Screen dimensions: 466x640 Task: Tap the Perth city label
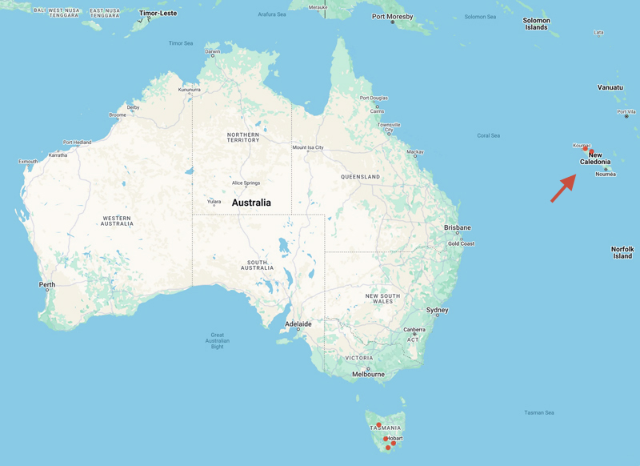tap(47, 284)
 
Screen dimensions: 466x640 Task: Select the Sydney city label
tap(438, 310)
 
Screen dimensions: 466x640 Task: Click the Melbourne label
tap(369, 374)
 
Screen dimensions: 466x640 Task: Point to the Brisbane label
tap(458, 227)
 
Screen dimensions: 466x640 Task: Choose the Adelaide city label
tap(298, 323)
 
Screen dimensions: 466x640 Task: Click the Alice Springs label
tap(246, 183)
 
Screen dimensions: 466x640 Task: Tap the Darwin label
tap(213, 52)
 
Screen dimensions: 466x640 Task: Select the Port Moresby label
tap(392, 17)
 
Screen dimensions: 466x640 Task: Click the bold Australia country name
tap(251, 203)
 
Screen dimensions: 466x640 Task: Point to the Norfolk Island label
tap(622, 252)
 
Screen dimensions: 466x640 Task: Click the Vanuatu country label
tap(610, 86)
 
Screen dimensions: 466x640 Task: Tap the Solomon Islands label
tap(536, 24)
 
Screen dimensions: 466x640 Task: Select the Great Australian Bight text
tap(218, 341)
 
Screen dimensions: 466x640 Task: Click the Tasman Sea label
tap(539, 412)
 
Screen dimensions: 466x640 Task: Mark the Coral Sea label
tap(488, 135)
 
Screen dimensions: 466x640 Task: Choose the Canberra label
tap(414, 330)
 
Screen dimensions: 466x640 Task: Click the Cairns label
tap(376, 111)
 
